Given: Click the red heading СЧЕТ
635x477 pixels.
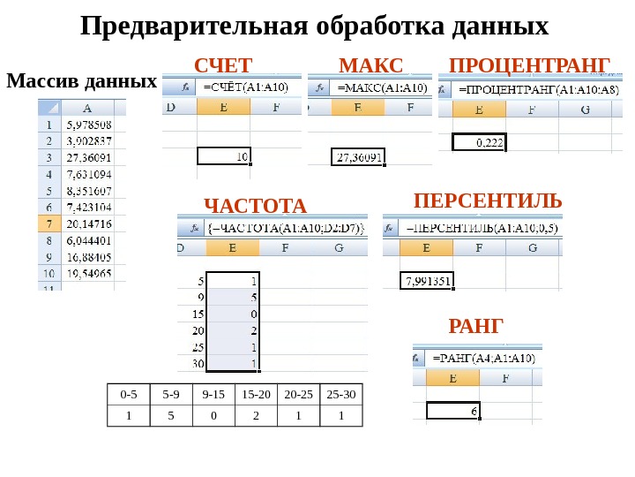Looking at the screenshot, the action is (223, 65).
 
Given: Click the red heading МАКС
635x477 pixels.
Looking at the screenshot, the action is (370, 65).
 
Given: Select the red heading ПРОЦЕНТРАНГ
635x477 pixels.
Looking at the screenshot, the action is (529, 65).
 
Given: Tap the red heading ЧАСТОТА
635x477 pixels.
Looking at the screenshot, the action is (255, 206).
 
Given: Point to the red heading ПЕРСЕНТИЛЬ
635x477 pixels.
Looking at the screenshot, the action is (487, 201).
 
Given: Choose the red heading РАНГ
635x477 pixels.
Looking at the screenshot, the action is (475, 328).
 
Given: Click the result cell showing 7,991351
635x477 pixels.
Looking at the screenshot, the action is (427, 282).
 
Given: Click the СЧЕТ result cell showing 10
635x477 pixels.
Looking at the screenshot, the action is (224, 155).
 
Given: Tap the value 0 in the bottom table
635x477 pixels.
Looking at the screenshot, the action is (213, 415).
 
